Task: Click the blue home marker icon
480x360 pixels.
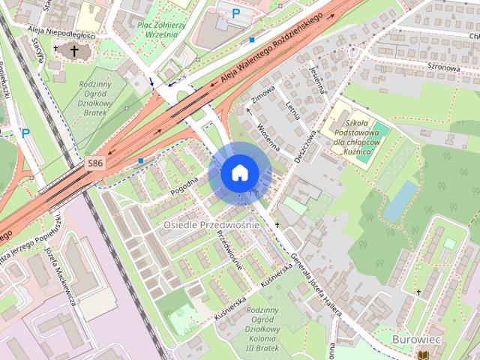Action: pos(239,173)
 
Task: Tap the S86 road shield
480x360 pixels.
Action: pos(94,163)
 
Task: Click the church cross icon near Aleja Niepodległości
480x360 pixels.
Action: pos(73,51)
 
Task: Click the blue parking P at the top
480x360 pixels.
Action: pos(236,13)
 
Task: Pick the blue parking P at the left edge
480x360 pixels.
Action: pos(25,133)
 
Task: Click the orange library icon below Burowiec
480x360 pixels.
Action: pos(424,352)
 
